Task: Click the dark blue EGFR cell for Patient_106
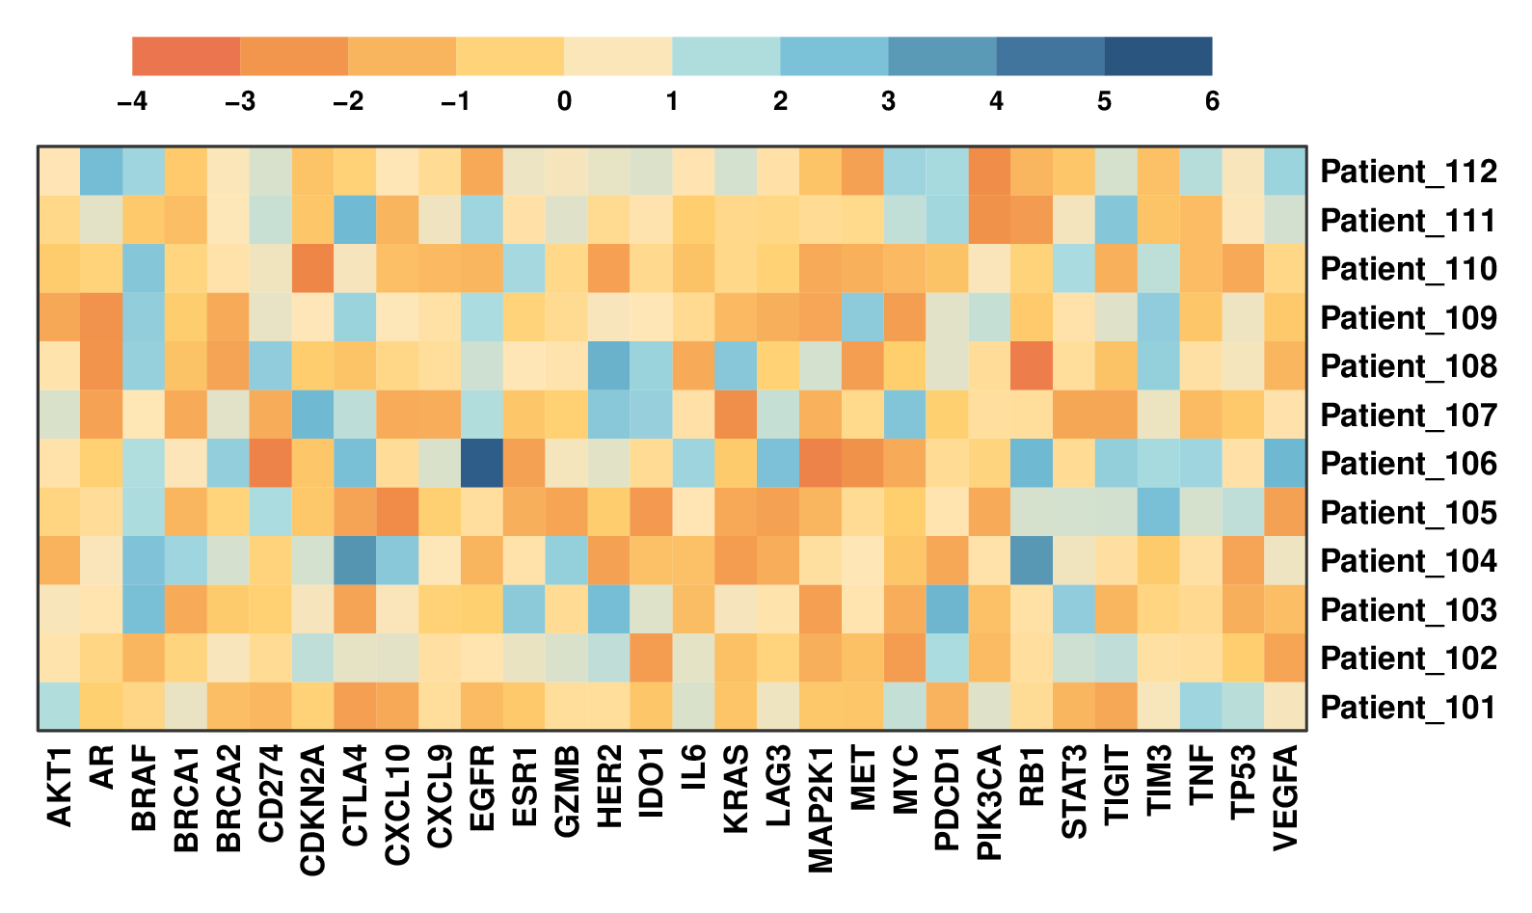482,463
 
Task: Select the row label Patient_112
1408,172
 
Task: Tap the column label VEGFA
1285,798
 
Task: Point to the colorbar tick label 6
1212,101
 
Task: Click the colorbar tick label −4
132,101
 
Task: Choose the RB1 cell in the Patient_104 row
1032,560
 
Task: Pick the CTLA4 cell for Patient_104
356,560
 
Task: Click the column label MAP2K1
820,810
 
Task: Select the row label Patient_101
1408,708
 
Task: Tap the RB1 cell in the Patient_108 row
1032,365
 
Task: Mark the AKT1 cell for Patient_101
60,707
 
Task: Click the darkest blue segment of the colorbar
1158,56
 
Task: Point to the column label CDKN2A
313,810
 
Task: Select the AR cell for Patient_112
102,172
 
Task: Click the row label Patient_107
1408,416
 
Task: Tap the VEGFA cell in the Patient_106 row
1285,463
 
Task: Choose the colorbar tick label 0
564,101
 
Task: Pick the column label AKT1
60,787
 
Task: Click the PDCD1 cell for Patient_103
947,609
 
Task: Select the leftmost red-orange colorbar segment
186,56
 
